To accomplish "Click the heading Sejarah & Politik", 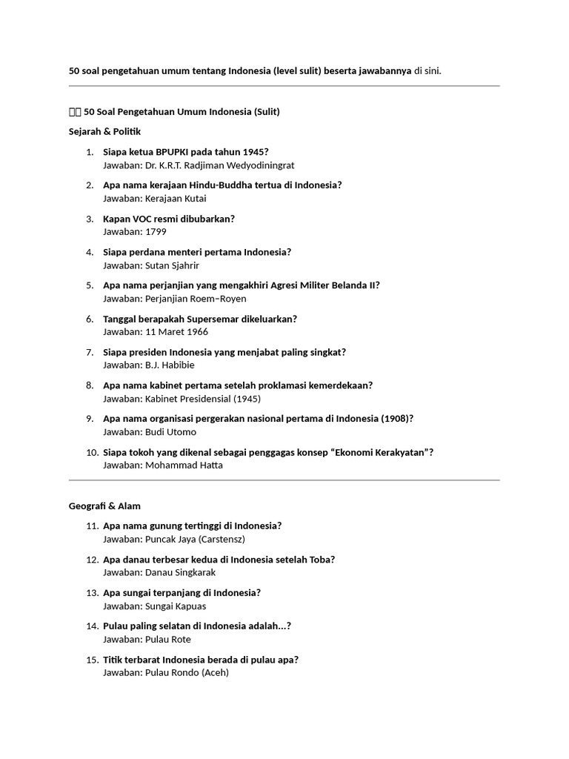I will click(104, 131).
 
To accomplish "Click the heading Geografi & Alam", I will click(104, 506).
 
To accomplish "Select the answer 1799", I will click(156, 232).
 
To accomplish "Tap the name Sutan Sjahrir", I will click(172, 265).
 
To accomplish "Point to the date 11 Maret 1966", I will click(177, 332).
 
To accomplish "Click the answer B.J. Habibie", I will click(170, 365).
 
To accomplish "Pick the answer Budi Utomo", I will click(170, 432).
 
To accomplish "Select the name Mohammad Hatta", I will click(183, 465).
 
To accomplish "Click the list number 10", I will click(92, 452).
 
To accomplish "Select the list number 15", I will click(92, 660).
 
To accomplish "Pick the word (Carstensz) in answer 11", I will click(218, 540).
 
